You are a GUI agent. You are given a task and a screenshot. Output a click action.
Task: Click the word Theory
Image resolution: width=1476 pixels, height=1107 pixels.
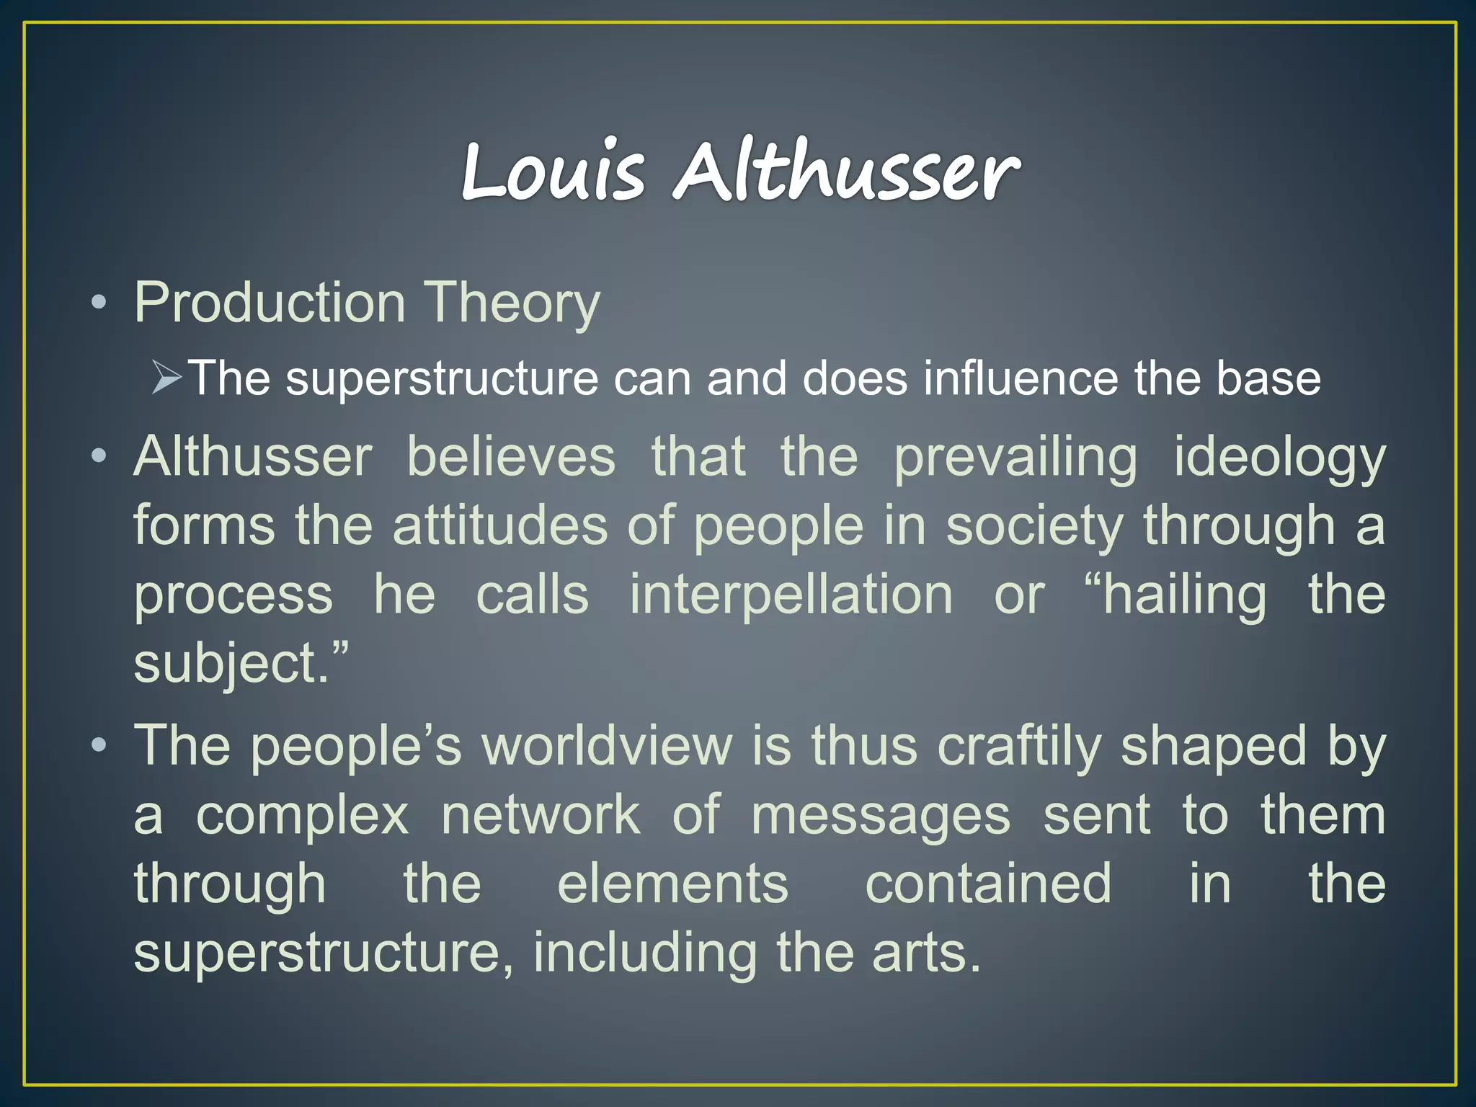tap(511, 304)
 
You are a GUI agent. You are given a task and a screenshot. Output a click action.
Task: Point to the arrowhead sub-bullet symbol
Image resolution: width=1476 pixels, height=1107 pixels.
tap(166, 378)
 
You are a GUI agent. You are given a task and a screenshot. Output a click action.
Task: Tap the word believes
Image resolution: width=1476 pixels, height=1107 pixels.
tap(511, 457)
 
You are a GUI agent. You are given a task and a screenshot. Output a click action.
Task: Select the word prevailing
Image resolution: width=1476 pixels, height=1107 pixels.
tap(1015, 458)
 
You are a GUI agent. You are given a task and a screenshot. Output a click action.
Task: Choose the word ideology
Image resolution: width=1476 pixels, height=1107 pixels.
tap(1279, 458)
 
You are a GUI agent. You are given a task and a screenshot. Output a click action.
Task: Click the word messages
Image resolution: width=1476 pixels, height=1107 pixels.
tap(881, 817)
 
